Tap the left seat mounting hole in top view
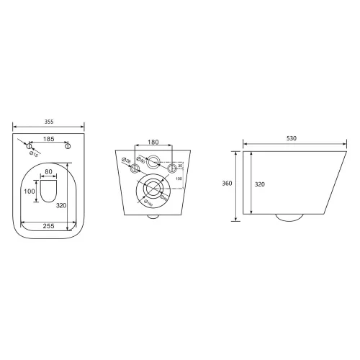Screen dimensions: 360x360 (x=30, y=146)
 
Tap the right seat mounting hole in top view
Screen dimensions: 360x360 (x=68, y=146)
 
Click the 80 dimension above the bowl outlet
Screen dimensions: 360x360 (x=49, y=171)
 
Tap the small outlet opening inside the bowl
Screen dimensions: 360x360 (x=49, y=192)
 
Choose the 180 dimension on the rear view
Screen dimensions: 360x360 (x=153, y=142)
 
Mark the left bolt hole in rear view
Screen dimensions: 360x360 (x=135, y=170)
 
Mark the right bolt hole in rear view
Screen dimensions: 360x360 (x=172, y=170)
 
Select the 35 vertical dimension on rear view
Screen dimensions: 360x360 (x=180, y=165)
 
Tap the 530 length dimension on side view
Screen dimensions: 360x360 (x=291, y=138)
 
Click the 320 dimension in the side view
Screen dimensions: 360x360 (x=259, y=184)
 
